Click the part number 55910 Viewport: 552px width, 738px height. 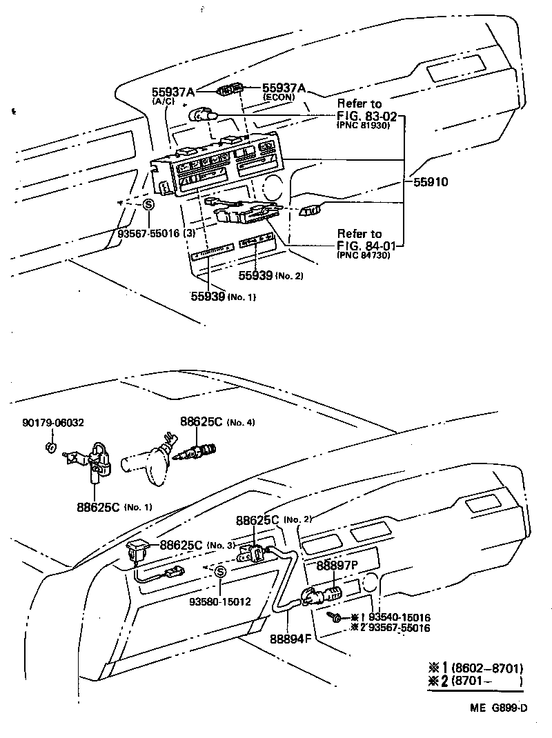pyautogui.click(x=431, y=183)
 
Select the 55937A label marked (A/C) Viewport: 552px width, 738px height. pyautogui.click(x=173, y=92)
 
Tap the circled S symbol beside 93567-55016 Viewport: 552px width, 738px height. pyautogui.click(x=148, y=205)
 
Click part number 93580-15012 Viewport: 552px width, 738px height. pyautogui.click(x=220, y=601)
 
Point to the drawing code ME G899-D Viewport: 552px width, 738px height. pyautogui.click(x=500, y=708)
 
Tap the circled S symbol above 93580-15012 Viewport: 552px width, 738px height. pyautogui.click(x=219, y=571)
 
